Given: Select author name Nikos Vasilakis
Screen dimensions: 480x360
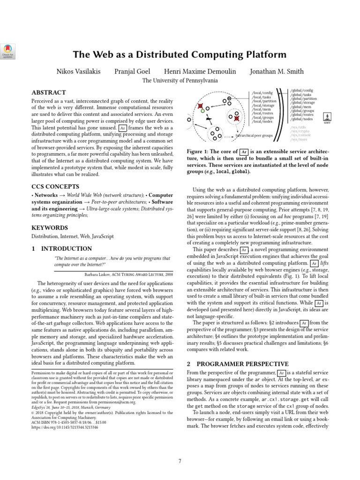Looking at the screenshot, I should click(78, 72).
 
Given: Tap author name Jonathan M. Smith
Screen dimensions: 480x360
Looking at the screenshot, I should click(277, 72).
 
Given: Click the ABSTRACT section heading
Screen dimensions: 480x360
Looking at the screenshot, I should click(49, 92).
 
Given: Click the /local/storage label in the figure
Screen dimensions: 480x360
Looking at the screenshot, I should click(263, 105).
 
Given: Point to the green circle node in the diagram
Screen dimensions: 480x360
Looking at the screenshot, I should click(202, 111).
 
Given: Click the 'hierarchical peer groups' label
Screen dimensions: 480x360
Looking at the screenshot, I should click(254, 135).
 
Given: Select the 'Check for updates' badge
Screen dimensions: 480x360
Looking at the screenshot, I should click(8, 51).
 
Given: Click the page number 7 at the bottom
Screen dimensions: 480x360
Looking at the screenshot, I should click(180, 461).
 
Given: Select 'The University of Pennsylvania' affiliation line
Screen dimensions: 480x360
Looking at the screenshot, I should click(180, 81).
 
